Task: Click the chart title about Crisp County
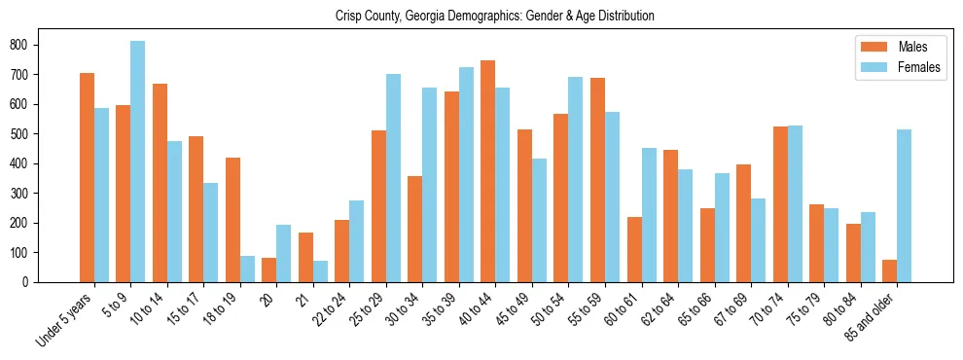[494, 17]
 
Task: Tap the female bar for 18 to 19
[247, 269]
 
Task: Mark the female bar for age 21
[320, 271]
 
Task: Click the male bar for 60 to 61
[634, 249]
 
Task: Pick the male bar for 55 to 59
[597, 180]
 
